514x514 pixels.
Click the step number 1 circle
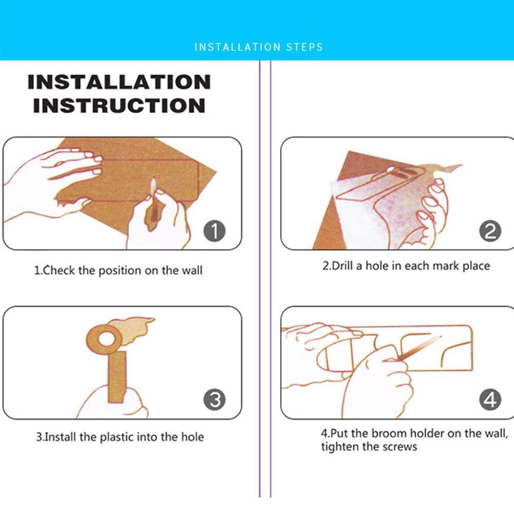(x=214, y=231)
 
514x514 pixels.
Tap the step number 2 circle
(x=490, y=231)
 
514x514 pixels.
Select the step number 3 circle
(x=214, y=399)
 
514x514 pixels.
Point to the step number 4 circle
(x=490, y=399)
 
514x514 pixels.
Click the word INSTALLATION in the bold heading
(x=119, y=82)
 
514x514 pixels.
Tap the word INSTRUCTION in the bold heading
(x=119, y=105)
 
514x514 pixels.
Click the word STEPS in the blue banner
(x=304, y=47)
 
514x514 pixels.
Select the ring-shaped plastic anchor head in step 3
(x=105, y=339)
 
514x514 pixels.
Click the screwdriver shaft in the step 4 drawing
(x=420, y=347)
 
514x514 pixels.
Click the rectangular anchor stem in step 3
(x=117, y=377)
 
